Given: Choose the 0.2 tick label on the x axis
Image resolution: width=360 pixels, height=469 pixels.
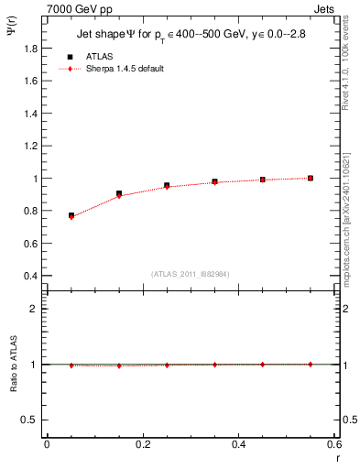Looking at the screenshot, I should [142, 444].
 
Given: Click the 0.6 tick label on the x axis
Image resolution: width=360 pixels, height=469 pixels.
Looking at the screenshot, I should [333, 444].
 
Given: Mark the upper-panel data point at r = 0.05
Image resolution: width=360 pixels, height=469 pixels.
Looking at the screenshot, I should [71, 216].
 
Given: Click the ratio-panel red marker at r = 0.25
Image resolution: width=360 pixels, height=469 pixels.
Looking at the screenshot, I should [167, 365].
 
